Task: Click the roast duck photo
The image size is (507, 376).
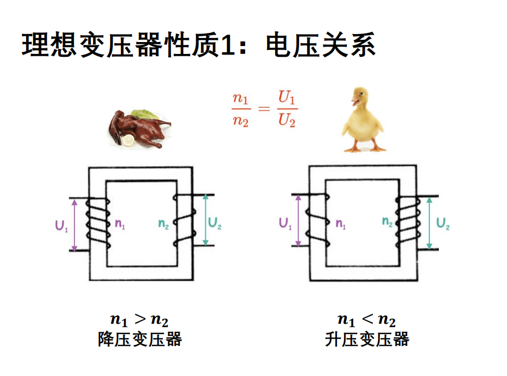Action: [x=140, y=128]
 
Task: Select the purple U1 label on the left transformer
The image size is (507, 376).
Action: [x=62, y=225]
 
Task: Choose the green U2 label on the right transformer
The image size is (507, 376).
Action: [x=443, y=223]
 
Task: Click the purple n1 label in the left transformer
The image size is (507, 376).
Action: [x=120, y=224]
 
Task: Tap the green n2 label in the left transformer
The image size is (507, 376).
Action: [x=164, y=224]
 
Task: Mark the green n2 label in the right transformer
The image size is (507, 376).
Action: [x=388, y=223]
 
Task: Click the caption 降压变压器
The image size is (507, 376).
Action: [x=140, y=340]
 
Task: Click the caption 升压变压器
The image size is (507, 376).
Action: [x=367, y=340]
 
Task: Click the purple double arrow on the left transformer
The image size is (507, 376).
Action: [x=74, y=224]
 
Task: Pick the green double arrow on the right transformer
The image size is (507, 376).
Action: [x=429, y=223]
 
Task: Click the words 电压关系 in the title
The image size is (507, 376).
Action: [x=321, y=45]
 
